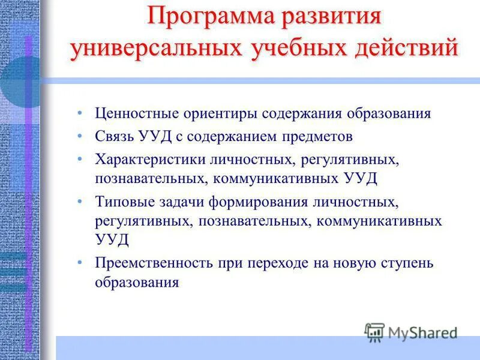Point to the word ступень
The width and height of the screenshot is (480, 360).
(407, 263)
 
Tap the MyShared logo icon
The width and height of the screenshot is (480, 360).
(375, 332)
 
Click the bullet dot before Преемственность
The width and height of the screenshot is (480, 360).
(80, 263)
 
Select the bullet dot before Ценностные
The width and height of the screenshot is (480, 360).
(80, 114)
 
